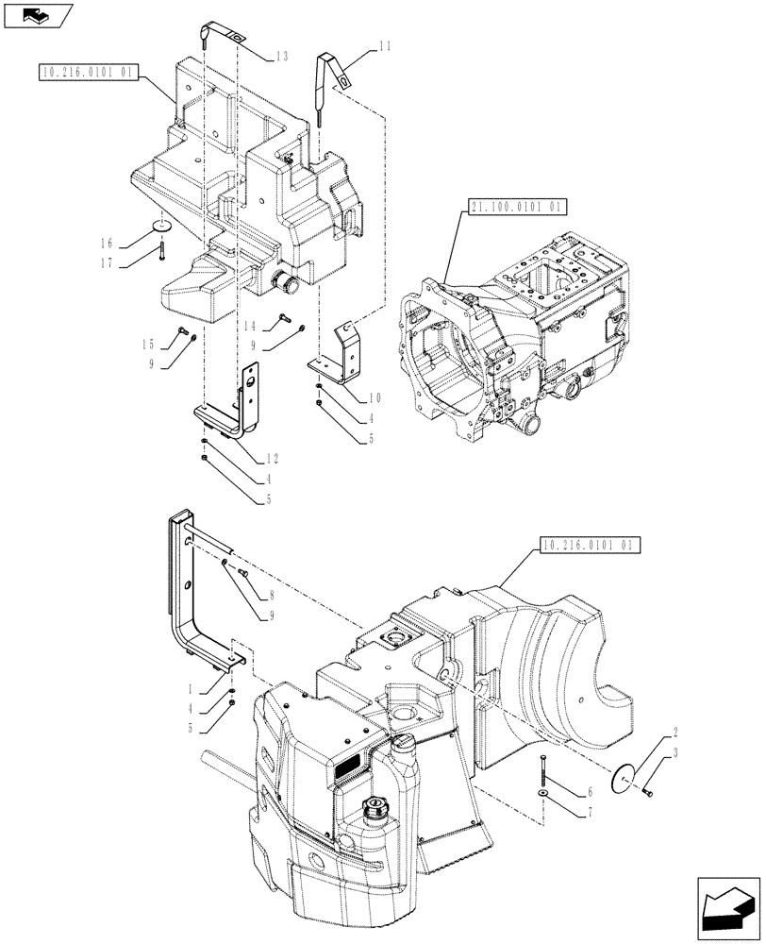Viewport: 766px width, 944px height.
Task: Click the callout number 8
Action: [271, 596]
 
